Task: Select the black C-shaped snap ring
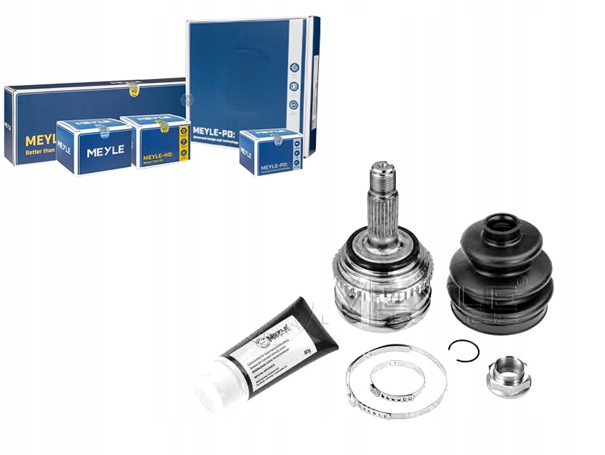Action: click(463, 350)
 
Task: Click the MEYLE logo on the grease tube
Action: click(274, 336)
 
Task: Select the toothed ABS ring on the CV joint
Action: click(381, 298)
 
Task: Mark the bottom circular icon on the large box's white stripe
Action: click(294, 105)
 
